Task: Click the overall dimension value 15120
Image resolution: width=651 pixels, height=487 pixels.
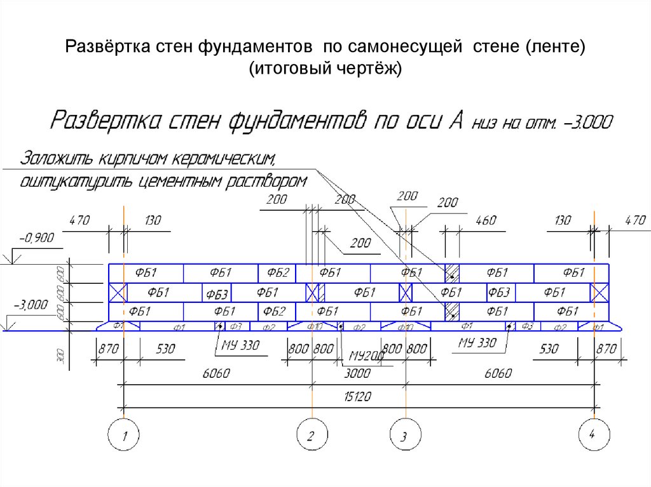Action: coord(358,397)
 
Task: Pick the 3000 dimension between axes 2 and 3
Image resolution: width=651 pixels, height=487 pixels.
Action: coord(358,373)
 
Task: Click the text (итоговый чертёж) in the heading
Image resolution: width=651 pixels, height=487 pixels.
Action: coord(325,68)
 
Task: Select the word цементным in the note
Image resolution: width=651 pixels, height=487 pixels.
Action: coord(184,182)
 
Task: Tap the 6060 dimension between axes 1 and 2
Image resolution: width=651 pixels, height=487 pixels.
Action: coord(216,373)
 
